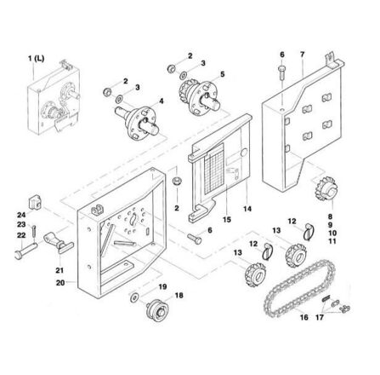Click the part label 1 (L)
pyautogui.click(x=36, y=59)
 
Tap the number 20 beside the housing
pyautogui.click(x=60, y=283)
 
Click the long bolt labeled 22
pyautogui.click(x=26, y=251)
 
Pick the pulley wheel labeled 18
pyautogui.click(x=157, y=309)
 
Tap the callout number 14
pyautogui.click(x=247, y=209)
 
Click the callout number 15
pyautogui.click(x=227, y=220)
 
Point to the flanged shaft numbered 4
pyautogui.click(x=138, y=122)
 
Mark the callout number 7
pyautogui.click(x=302, y=55)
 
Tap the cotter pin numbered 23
pyautogui.click(x=34, y=231)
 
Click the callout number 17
pyautogui.click(x=320, y=317)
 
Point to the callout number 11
pyautogui.click(x=332, y=241)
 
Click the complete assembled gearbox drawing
pyautogui.click(x=54, y=97)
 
